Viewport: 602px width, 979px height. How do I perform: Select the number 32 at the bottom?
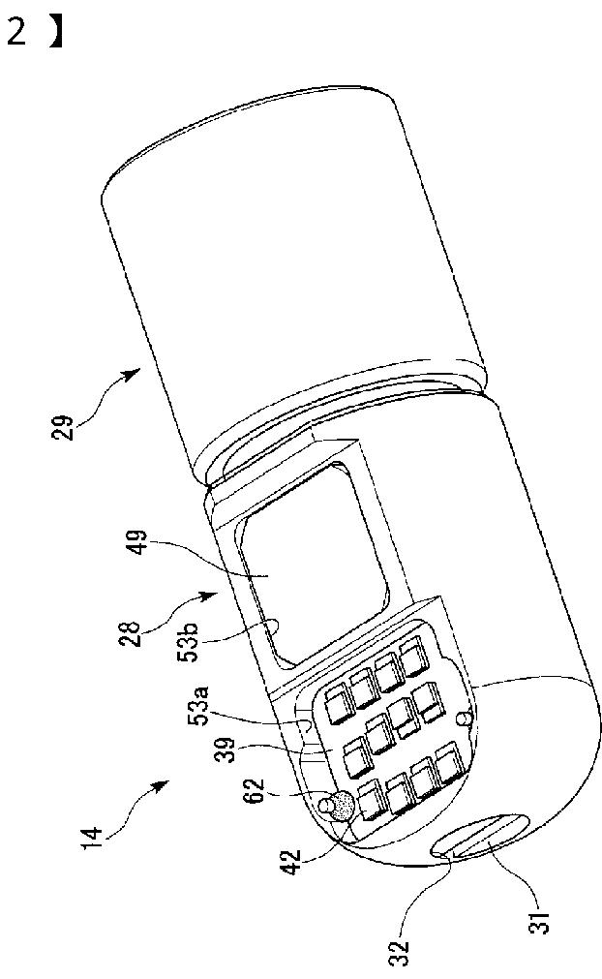(x=399, y=953)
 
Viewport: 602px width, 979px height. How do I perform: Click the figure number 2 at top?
(x=16, y=32)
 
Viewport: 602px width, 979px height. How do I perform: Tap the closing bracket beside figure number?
(x=57, y=32)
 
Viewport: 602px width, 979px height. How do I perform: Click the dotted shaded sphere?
(x=342, y=806)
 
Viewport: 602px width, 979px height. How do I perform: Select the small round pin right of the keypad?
(x=463, y=719)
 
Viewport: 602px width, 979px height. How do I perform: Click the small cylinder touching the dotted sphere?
(x=325, y=804)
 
